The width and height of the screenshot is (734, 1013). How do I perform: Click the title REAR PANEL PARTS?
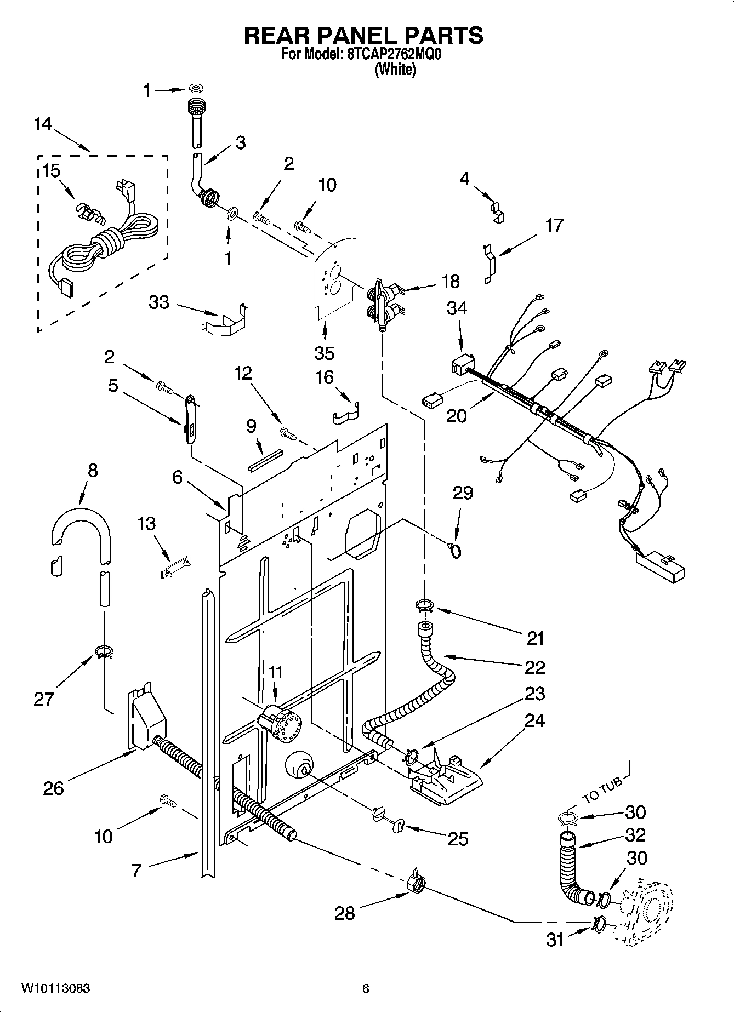(363, 36)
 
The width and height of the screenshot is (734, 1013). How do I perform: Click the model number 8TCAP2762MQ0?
(394, 55)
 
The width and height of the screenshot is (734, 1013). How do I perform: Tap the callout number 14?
(42, 124)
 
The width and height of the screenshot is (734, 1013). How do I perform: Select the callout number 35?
(324, 353)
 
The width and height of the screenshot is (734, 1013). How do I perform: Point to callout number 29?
(462, 493)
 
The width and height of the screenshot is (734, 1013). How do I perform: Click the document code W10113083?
(56, 988)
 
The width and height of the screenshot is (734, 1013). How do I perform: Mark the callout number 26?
(54, 788)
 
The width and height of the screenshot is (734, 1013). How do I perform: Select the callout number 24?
(534, 720)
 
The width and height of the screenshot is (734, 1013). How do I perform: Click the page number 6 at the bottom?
(366, 988)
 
